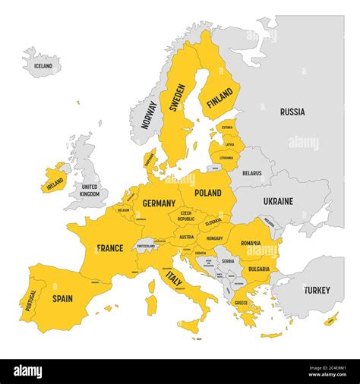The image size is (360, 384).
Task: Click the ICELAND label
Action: pos(43,66)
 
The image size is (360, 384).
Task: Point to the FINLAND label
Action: pos(220,98)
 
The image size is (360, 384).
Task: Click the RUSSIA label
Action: pos(292,112)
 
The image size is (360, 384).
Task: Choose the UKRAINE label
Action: pos(278,201)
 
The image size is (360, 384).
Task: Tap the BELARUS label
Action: pos(251,173)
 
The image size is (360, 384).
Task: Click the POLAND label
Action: pos(208,193)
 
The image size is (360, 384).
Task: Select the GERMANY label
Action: pos(159,203)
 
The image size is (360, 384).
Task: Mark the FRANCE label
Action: pos(110,248)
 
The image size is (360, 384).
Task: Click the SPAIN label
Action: pos(62,298)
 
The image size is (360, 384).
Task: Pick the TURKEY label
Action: pos(317,290)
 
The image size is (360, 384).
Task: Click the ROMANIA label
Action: pos(251,243)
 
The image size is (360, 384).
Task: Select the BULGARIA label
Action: pos(258,269)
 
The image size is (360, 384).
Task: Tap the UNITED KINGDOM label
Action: pos(90,190)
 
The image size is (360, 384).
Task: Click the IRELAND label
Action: pos(55,183)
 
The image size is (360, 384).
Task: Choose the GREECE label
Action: pos(241,303)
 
